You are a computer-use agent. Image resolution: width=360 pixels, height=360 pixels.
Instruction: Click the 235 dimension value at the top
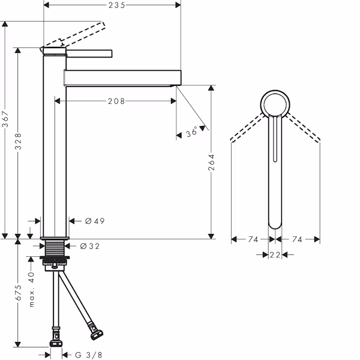click(x=117, y=5)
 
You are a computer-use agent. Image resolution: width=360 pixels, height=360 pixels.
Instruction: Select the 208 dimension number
click(x=116, y=101)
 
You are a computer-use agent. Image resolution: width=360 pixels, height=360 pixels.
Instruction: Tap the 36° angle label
click(x=192, y=131)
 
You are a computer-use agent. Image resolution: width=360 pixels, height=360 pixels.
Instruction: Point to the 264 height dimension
click(x=211, y=162)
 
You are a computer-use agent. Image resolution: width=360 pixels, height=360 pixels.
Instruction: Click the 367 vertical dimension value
click(x=5, y=119)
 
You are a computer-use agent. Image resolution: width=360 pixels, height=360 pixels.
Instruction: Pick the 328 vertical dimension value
click(x=18, y=141)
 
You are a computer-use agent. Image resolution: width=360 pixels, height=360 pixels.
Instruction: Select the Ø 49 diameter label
click(x=95, y=221)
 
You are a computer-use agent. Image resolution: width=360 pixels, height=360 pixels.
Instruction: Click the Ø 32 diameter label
click(x=90, y=246)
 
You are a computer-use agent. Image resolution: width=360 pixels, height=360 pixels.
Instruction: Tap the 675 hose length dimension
click(x=18, y=293)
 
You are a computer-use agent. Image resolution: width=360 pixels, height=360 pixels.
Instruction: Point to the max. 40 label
click(x=31, y=289)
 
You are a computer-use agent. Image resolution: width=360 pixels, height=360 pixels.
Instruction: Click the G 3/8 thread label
click(x=89, y=355)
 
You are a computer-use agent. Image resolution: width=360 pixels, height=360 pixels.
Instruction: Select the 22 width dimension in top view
click(x=275, y=255)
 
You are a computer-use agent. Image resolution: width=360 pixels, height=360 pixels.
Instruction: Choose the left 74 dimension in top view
click(x=253, y=239)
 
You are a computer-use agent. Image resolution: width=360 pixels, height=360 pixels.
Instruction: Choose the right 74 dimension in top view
click(x=297, y=239)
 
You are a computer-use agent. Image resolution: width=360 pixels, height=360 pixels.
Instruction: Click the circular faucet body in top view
click(x=275, y=91)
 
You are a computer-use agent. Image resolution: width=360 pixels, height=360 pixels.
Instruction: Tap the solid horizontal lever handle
click(x=89, y=53)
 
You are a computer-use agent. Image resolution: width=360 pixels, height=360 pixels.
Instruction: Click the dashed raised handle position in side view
click(x=73, y=36)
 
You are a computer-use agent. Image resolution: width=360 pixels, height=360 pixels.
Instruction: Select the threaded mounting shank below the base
click(x=55, y=248)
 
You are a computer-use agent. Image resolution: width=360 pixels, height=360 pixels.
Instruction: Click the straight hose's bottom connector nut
click(x=56, y=343)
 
